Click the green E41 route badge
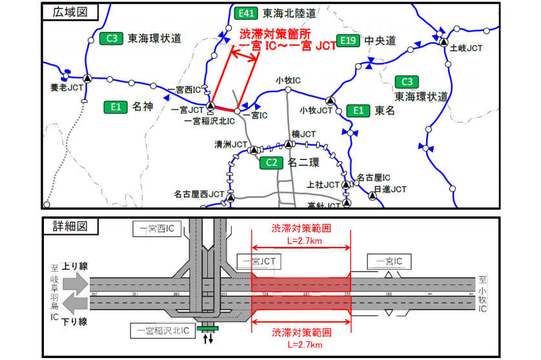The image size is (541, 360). pos(246,13)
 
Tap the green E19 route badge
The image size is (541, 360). pos(348,41)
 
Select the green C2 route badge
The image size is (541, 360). pos(271,163)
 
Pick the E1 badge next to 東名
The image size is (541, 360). pos(357,110)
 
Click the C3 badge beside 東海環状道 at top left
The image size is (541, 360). pos(110,39)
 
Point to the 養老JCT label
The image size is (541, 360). pos(67,86)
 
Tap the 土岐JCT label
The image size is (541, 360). pos(466,48)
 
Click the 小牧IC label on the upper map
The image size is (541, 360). pos(288,81)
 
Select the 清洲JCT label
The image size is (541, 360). pos(231,145)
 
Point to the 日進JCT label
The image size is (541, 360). pos(390,189)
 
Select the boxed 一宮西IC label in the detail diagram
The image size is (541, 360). pos(154,228)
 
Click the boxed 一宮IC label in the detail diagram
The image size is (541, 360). pos(389,261)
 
